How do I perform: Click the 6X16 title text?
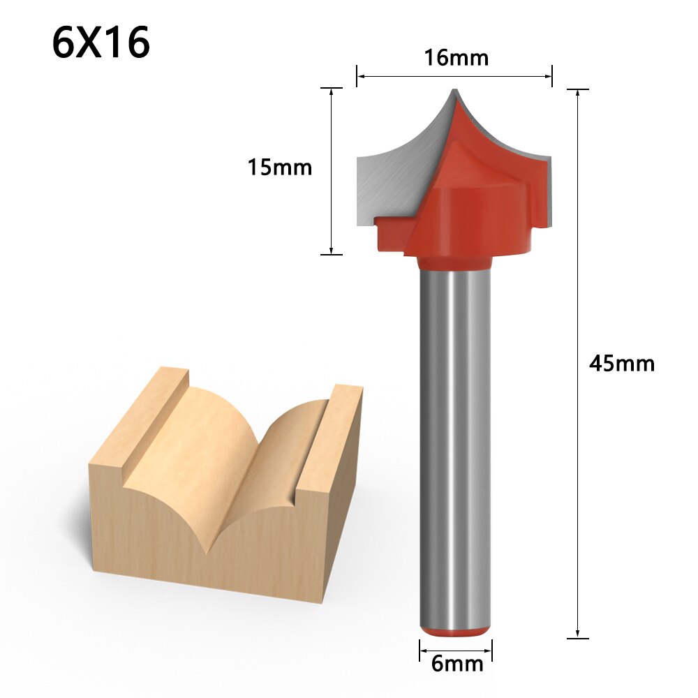(101, 43)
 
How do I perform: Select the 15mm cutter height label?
(279, 168)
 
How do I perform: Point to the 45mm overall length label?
(622, 364)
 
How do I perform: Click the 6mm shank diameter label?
(457, 663)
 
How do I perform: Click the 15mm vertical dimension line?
(332, 171)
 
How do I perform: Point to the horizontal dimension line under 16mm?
(454, 75)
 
